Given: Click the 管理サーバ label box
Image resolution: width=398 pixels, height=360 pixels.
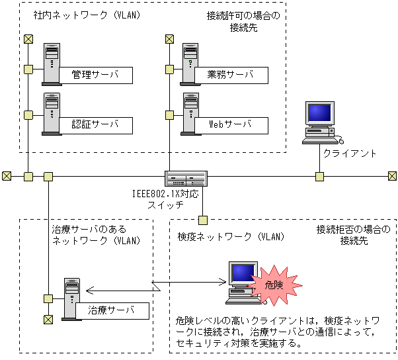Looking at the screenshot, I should coord(95,75).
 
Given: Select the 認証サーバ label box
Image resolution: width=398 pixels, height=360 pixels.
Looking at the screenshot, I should coord(95,124).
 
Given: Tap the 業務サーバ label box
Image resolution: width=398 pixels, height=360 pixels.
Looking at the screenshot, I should coord(230,75).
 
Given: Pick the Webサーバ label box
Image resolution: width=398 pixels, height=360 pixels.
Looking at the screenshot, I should coord(230,124).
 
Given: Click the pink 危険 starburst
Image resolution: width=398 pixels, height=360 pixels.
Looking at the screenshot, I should coord(274,285).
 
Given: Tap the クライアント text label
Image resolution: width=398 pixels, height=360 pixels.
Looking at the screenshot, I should coord(350,154).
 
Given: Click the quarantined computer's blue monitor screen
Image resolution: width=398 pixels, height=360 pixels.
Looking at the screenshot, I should coord(243,273).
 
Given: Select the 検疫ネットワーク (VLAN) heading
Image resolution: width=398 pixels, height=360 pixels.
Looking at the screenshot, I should coord(231,236).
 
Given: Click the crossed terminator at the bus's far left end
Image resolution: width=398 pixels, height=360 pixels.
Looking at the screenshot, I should coord(7,176).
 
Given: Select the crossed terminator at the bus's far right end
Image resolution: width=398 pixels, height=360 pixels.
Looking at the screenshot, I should coord(392,176).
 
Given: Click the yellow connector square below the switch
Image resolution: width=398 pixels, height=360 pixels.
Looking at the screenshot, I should coord(203,220).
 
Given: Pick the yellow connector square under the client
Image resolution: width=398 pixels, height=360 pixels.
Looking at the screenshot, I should coord(319,176).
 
